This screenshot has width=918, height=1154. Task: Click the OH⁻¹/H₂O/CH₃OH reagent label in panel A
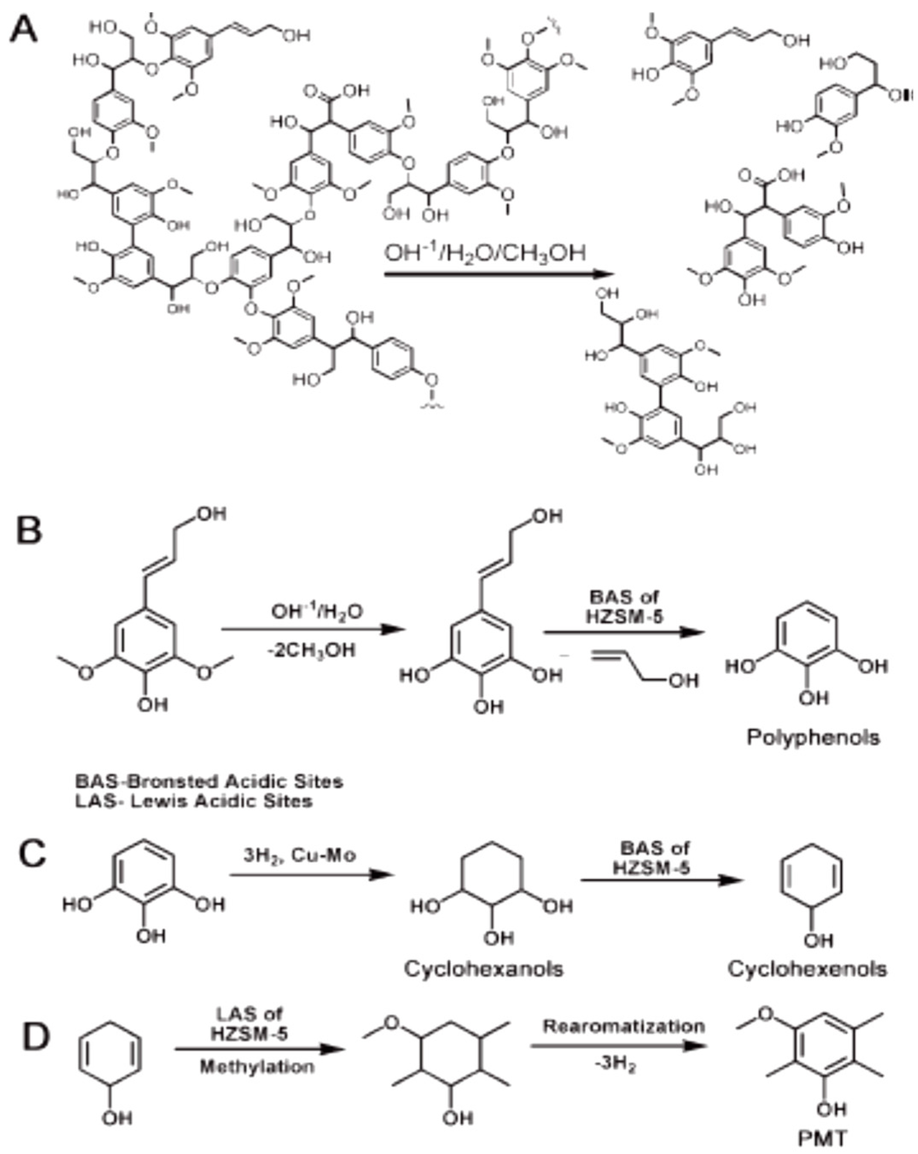pos(485,253)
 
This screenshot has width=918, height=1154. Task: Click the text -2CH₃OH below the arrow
pos(311,650)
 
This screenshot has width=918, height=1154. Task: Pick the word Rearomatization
pos(624,1011)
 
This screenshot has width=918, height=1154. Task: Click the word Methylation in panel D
pos(257,1067)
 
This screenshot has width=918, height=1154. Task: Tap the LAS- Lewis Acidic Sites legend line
pos(193,801)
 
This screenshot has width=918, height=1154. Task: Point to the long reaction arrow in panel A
pos(498,275)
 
